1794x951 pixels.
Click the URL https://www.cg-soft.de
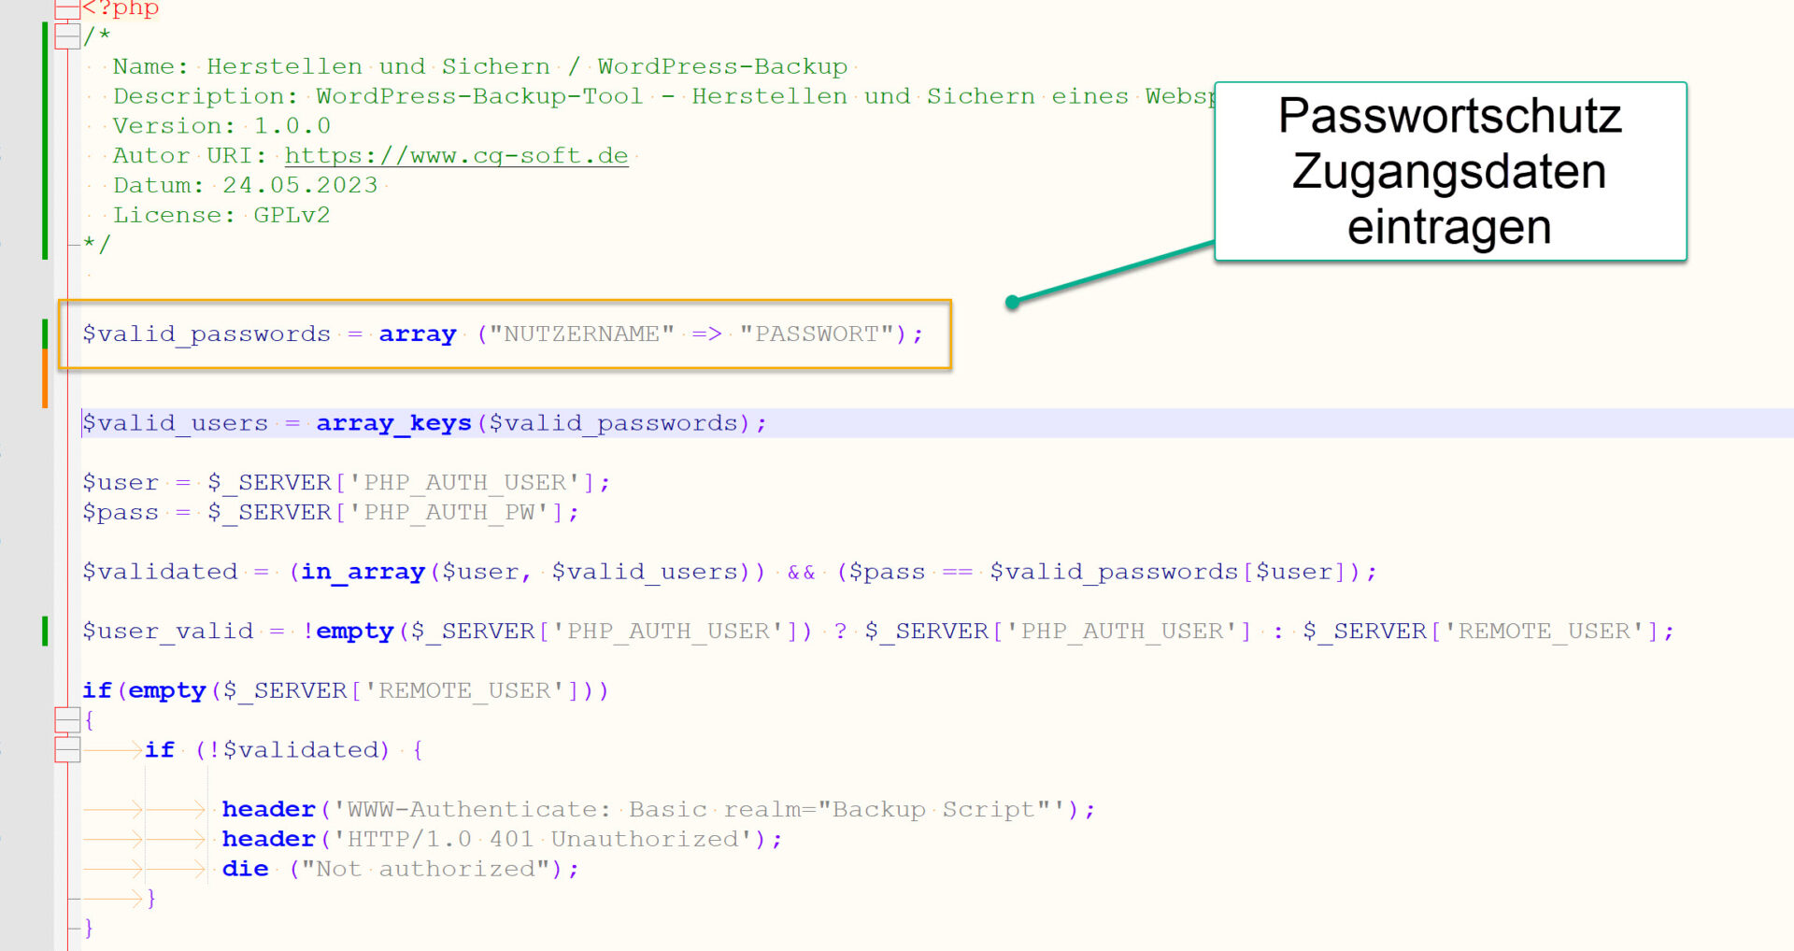[456, 156]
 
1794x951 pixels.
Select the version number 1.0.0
[292, 126]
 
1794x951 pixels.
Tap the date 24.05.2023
[300, 186]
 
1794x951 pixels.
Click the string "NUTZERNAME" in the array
[581, 334]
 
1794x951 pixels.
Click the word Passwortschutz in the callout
[1449, 117]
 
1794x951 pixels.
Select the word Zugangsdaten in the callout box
[1449, 172]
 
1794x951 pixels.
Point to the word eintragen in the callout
[1449, 227]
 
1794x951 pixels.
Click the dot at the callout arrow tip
[1012, 302]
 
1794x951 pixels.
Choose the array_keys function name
[393, 424]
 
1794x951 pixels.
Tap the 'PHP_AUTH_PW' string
[449, 513]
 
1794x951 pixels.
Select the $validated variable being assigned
[160, 572]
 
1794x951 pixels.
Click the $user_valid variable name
[167, 632]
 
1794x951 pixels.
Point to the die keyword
[245, 869]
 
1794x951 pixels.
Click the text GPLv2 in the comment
[292, 216]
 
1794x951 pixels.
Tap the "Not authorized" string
[425, 869]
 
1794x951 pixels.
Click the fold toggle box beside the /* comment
[67, 36]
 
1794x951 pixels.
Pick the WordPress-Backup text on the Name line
[722, 67]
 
